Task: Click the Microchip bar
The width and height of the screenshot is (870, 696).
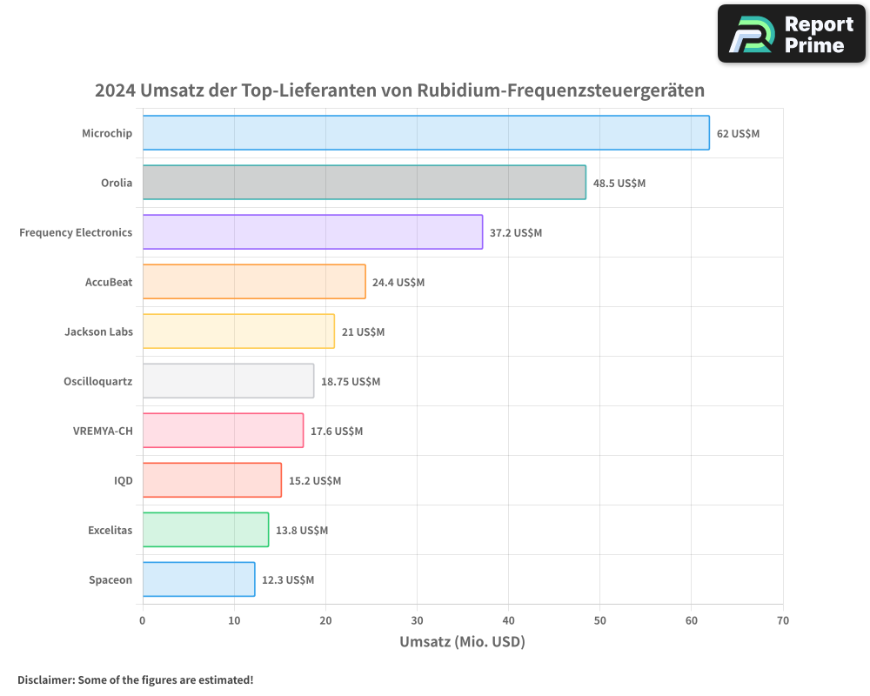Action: [425, 133]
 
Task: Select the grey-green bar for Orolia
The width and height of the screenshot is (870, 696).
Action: [364, 183]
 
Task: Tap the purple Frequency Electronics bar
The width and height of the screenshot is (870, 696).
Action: [312, 232]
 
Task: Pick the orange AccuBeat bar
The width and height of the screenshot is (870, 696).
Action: [254, 282]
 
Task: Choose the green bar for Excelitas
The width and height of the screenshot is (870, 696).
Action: [205, 530]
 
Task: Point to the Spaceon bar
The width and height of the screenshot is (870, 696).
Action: [198, 579]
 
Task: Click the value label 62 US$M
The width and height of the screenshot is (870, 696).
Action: [738, 134]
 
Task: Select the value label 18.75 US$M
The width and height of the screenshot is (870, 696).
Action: [351, 382]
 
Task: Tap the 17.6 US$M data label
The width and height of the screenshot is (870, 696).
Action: [337, 432]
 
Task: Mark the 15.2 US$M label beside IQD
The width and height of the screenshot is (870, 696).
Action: [315, 481]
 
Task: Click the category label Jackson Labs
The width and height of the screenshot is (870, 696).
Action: [98, 332]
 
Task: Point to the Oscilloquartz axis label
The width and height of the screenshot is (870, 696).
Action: [97, 382]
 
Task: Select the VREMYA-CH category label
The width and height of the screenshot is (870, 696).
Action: [103, 432]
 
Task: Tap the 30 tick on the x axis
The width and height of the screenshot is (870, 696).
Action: [417, 621]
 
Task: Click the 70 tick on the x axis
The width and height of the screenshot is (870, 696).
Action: [783, 621]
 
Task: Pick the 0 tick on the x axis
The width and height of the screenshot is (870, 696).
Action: [143, 621]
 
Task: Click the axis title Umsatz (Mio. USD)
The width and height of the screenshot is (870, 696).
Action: [462, 642]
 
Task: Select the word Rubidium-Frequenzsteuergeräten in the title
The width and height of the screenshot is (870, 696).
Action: [561, 90]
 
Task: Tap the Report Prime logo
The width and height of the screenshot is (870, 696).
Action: [792, 34]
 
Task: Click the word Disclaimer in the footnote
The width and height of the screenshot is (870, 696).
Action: [45, 679]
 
